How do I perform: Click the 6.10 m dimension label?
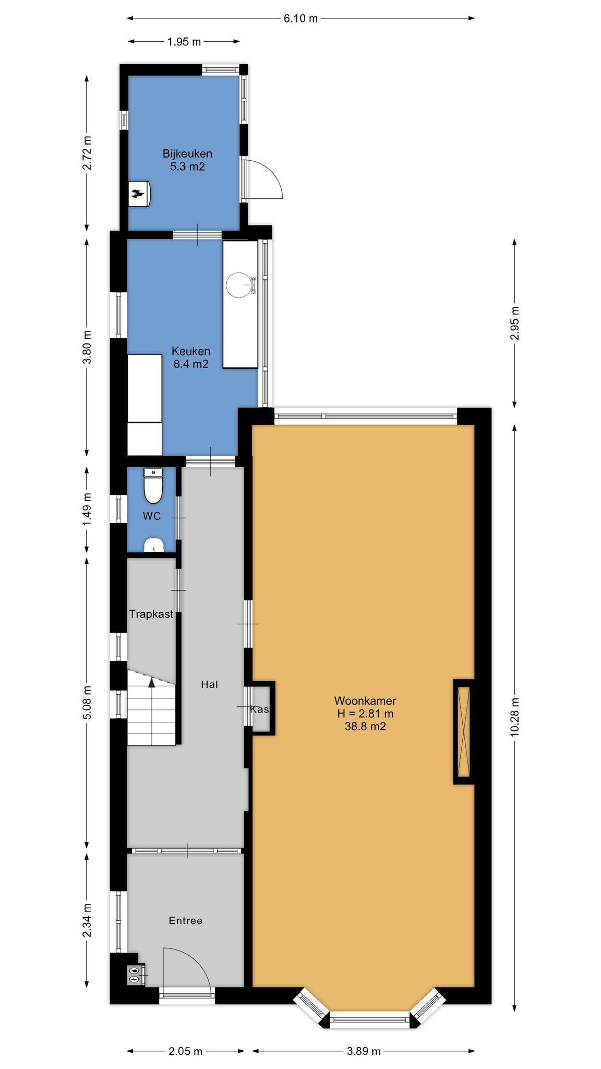300,19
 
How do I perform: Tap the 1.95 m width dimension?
184,42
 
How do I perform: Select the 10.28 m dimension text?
515,717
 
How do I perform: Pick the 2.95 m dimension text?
515,323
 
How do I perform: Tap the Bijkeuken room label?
187,154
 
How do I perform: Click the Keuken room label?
191,351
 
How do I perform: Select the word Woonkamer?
365,701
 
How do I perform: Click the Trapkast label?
151,614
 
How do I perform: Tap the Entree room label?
186,921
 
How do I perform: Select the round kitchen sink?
239,284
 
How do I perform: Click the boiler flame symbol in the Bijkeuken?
137,194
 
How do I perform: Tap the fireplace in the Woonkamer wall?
464,731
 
